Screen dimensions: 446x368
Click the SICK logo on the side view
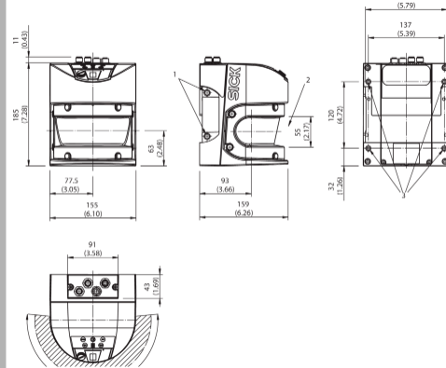pyautogui.click(x=234, y=83)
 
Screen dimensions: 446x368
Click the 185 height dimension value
pyautogui.click(x=16, y=115)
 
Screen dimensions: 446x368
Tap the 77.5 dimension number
pyautogui.click(x=71, y=181)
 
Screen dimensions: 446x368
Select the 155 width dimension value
pyautogui.click(x=92, y=205)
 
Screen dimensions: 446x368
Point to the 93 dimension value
pyautogui.click(x=225, y=181)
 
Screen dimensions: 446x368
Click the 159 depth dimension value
pyautogui.click(x=244, y=204)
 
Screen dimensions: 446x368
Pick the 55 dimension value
pyautogui.click(x=298, y=132)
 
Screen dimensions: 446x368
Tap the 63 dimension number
pyautogui.click(x=151, y=149)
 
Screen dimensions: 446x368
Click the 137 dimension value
pyautogui.click(x=406, y=25)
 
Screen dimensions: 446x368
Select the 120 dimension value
pyautogui.click(x=331, y=115)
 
